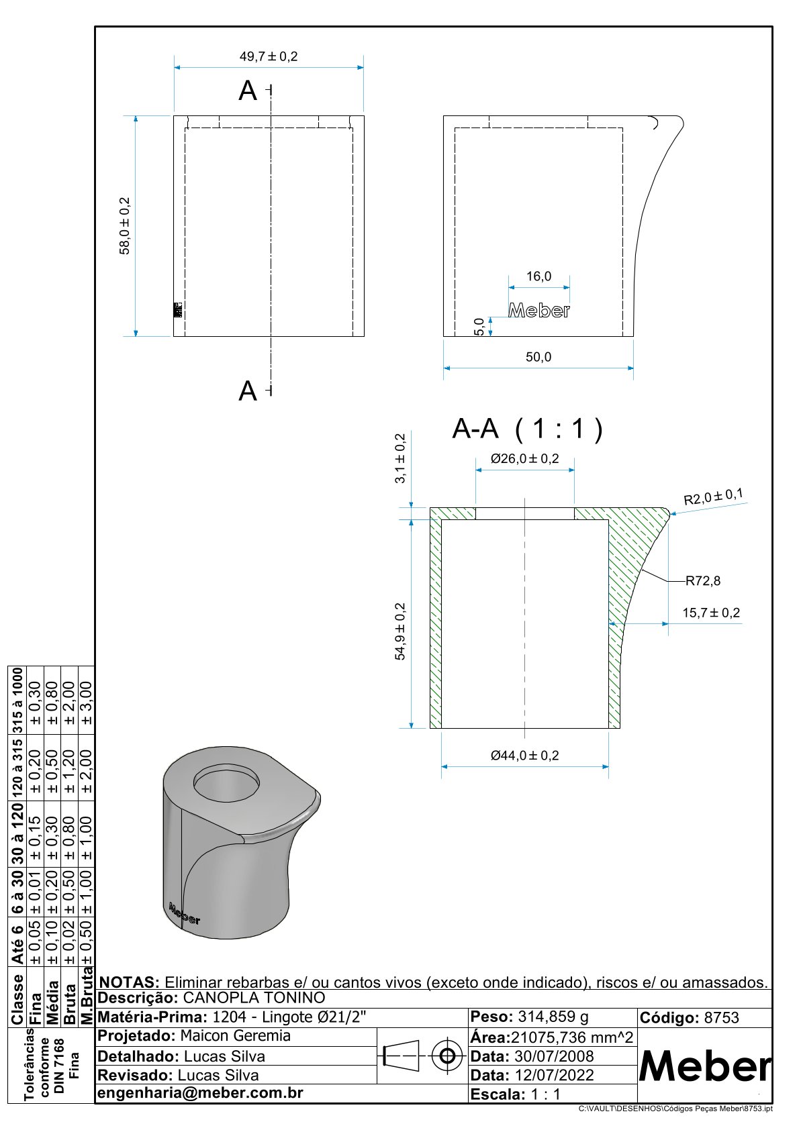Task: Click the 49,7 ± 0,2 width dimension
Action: pos(269,57)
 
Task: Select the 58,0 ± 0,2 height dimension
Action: pos(126,225)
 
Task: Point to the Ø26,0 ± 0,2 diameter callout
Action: pos(524,459)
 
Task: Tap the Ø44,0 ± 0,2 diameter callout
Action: pos(524,756)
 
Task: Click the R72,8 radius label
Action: pos(702,581)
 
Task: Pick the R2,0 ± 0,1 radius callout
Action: pos(713,497)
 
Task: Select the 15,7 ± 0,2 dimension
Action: pos(711,613)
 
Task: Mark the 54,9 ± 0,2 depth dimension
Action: pos(400,631)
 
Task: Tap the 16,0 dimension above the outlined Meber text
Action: pos(538,276)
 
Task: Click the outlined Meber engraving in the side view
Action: pos(539,310)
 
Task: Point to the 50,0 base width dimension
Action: pos(538,357)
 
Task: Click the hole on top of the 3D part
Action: pos(226,782)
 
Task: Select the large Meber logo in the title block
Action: pos(704,1066)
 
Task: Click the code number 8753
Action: pos(721,1018)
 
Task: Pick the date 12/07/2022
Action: pos(554,1075)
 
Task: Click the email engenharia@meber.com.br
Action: pos(201,1093)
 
